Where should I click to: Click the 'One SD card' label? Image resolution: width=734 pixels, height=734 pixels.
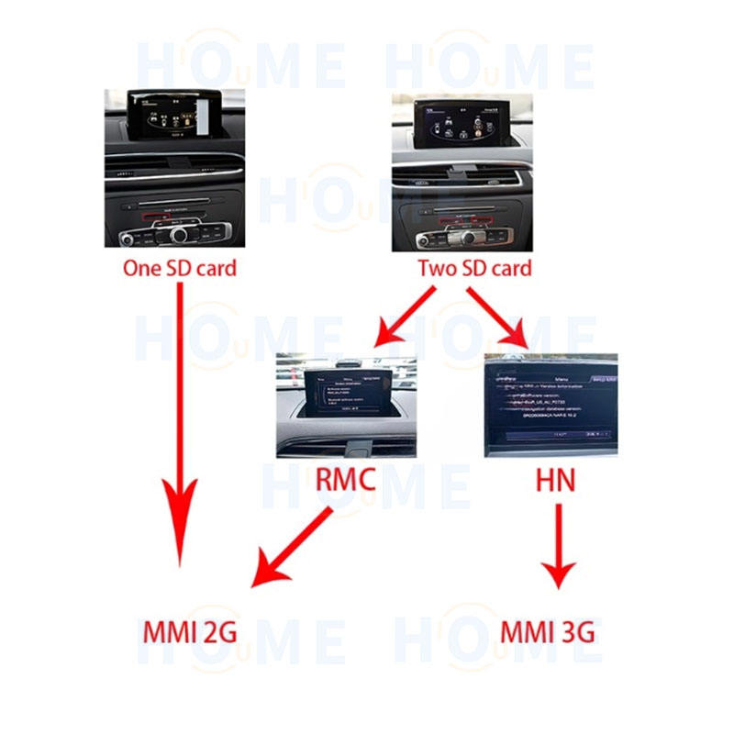tap(180, 269)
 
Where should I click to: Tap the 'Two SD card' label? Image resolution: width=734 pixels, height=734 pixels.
tap(474, 269)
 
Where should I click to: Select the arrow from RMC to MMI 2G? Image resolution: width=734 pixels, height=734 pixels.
tap(294, 547)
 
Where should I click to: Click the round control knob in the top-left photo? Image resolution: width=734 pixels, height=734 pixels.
tap(178, 234)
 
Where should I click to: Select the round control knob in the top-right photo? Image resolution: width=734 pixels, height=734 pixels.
tap(467, 239)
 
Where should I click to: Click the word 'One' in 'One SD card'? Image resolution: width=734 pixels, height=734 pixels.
tap(141, 269)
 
